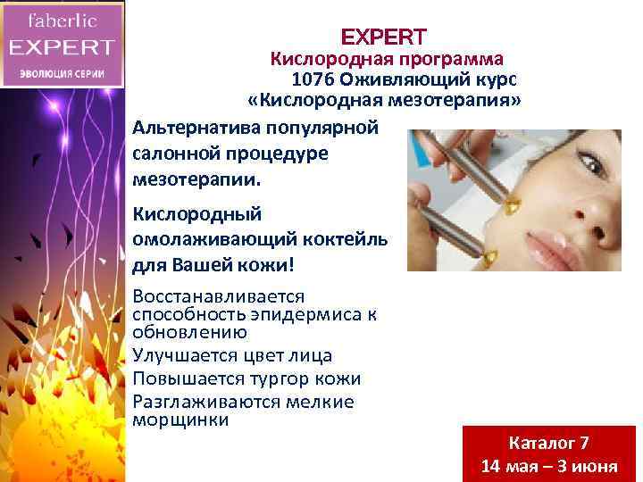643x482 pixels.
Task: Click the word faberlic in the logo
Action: coord(62,19)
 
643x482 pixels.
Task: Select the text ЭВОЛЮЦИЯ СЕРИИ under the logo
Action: coord(62,73)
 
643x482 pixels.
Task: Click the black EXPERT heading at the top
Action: coord(384,37)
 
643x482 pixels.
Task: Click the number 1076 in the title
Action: coord(312,79)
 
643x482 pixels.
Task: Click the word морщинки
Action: coord(180,419)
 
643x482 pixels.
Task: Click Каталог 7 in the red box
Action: coord(548,443)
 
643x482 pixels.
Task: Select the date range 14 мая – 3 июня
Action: coord(548,467)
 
